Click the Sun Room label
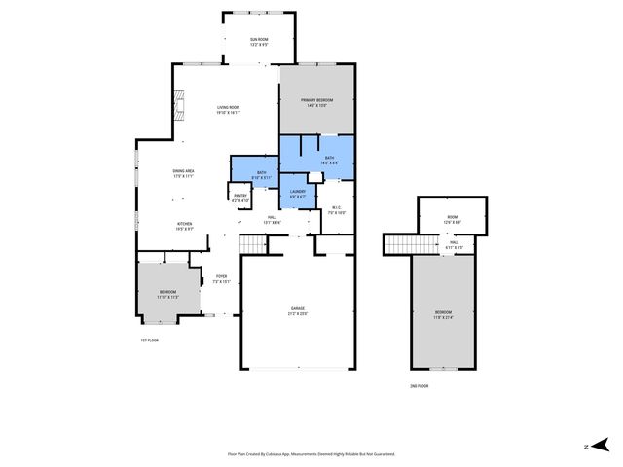point(258,42)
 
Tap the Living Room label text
point(228,109)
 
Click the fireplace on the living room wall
point(177,104)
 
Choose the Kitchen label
point(185,226)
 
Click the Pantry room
point(239,198)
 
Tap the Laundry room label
point(298,193)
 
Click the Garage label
point(297,311)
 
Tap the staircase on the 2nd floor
point(398,243)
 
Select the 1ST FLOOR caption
point(149,341)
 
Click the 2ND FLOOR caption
point(419,386)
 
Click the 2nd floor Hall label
point(454,244)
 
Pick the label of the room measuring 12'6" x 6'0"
point(452,219)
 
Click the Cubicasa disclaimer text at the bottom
point(311,453)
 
